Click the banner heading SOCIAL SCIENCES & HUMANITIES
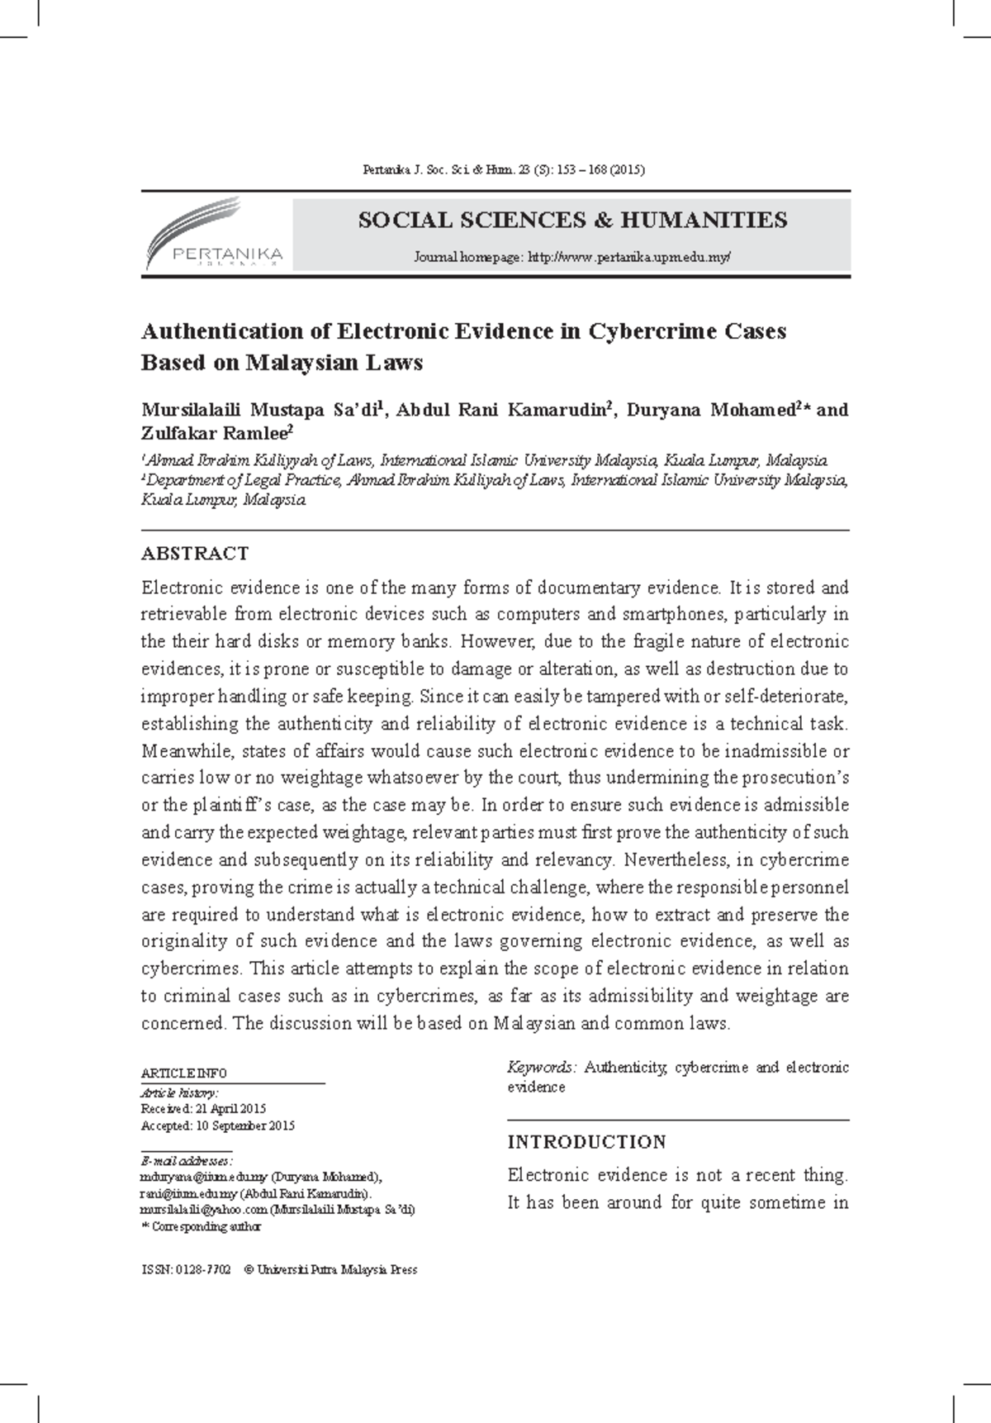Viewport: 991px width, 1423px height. [x=571, y=220]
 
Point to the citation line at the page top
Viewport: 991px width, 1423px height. [x=504, y=170]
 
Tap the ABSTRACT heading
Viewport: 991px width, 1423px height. [x=195, y=553]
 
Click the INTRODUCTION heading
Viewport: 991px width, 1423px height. [x=586, y=1142]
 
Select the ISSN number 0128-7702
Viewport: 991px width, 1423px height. [x=202, y=1269]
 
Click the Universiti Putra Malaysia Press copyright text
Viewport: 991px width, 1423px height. [x=338, y=1269]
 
